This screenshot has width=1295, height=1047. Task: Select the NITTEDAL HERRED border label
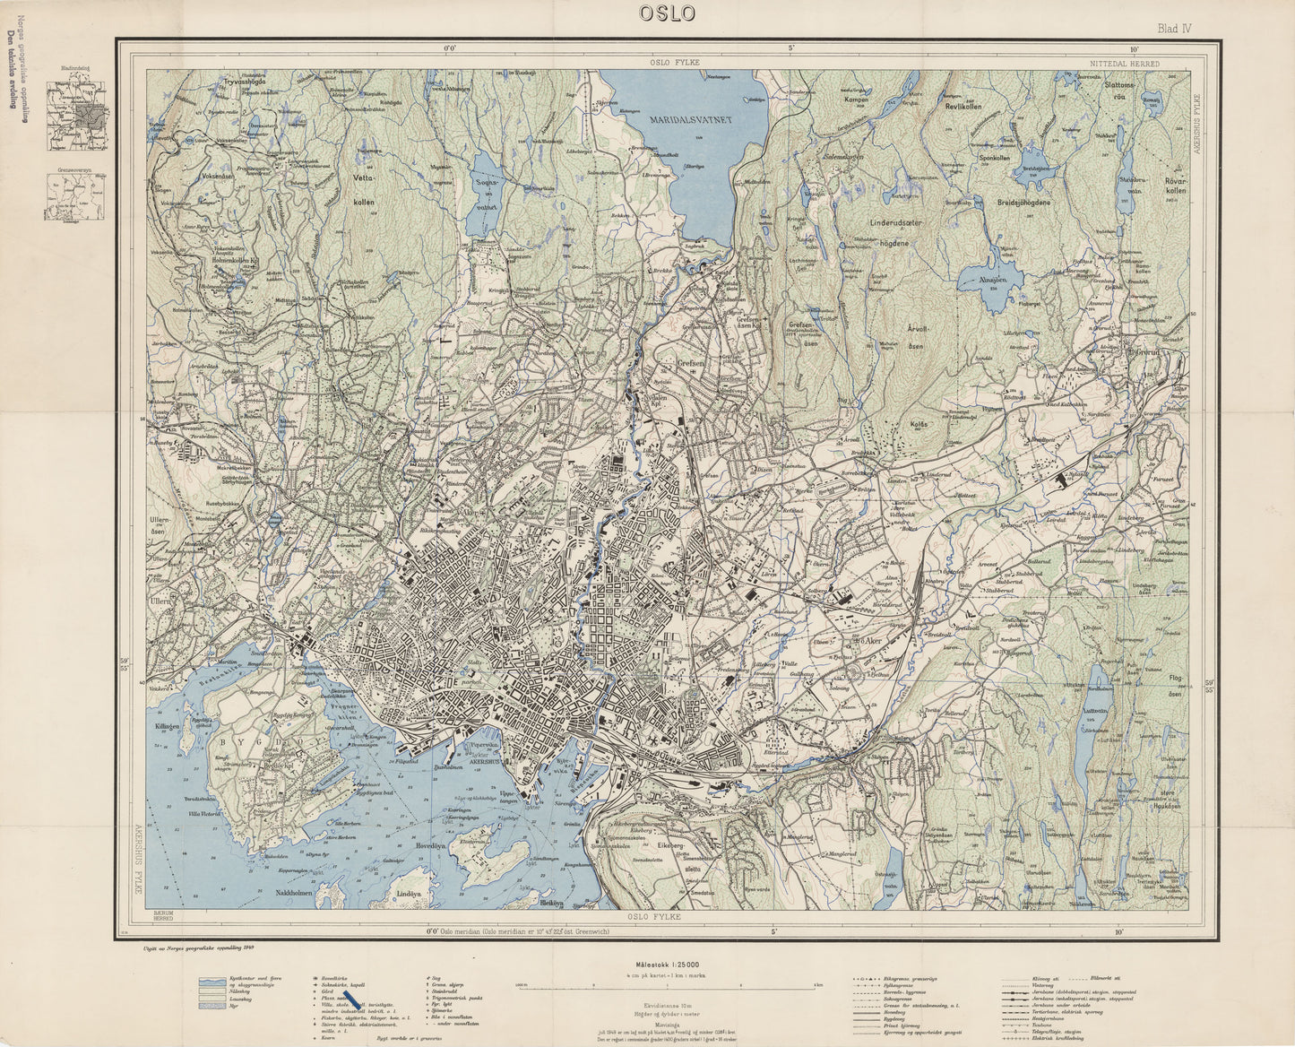click(x=1125, y=65)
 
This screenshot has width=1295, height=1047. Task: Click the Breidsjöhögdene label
click(x=1038, y=203)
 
